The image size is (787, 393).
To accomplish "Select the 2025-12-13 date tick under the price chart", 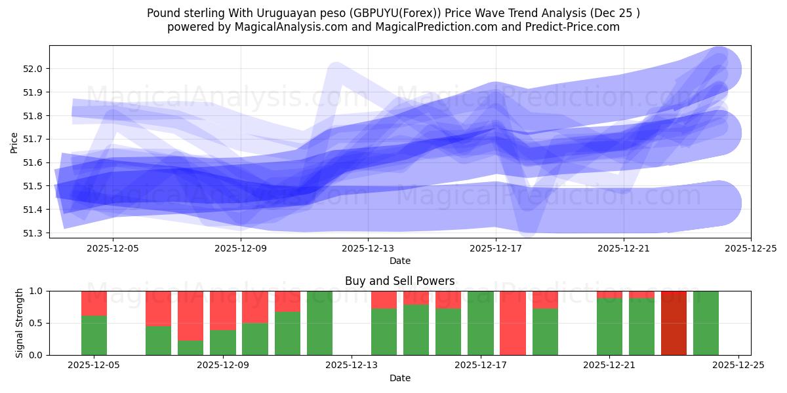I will (x=368, y=249).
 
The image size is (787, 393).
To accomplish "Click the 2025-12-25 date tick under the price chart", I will (x=751, y=249).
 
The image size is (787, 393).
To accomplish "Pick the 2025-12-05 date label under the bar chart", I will (x=94, y=366).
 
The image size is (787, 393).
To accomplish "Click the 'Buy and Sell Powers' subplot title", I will (x=399, y=281).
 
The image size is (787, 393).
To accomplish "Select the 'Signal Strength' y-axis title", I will (x=20, y=323).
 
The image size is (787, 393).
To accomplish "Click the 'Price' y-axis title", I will (x=14, y=141).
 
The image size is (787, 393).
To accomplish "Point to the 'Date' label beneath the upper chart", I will (x=399, y=261).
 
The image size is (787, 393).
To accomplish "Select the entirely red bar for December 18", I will (x=513, y=323).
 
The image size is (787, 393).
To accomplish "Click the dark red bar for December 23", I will (x=674, y=323).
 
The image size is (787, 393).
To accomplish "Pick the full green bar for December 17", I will (x=481, y=323).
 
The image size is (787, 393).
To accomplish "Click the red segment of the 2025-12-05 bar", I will (x=94, y=303).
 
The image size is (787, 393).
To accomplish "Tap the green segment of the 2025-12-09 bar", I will (x=223, y=343).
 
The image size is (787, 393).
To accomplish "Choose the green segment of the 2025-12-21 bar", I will (x=609, y=327).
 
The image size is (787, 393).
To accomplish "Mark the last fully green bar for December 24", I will (x=706, y=323).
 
